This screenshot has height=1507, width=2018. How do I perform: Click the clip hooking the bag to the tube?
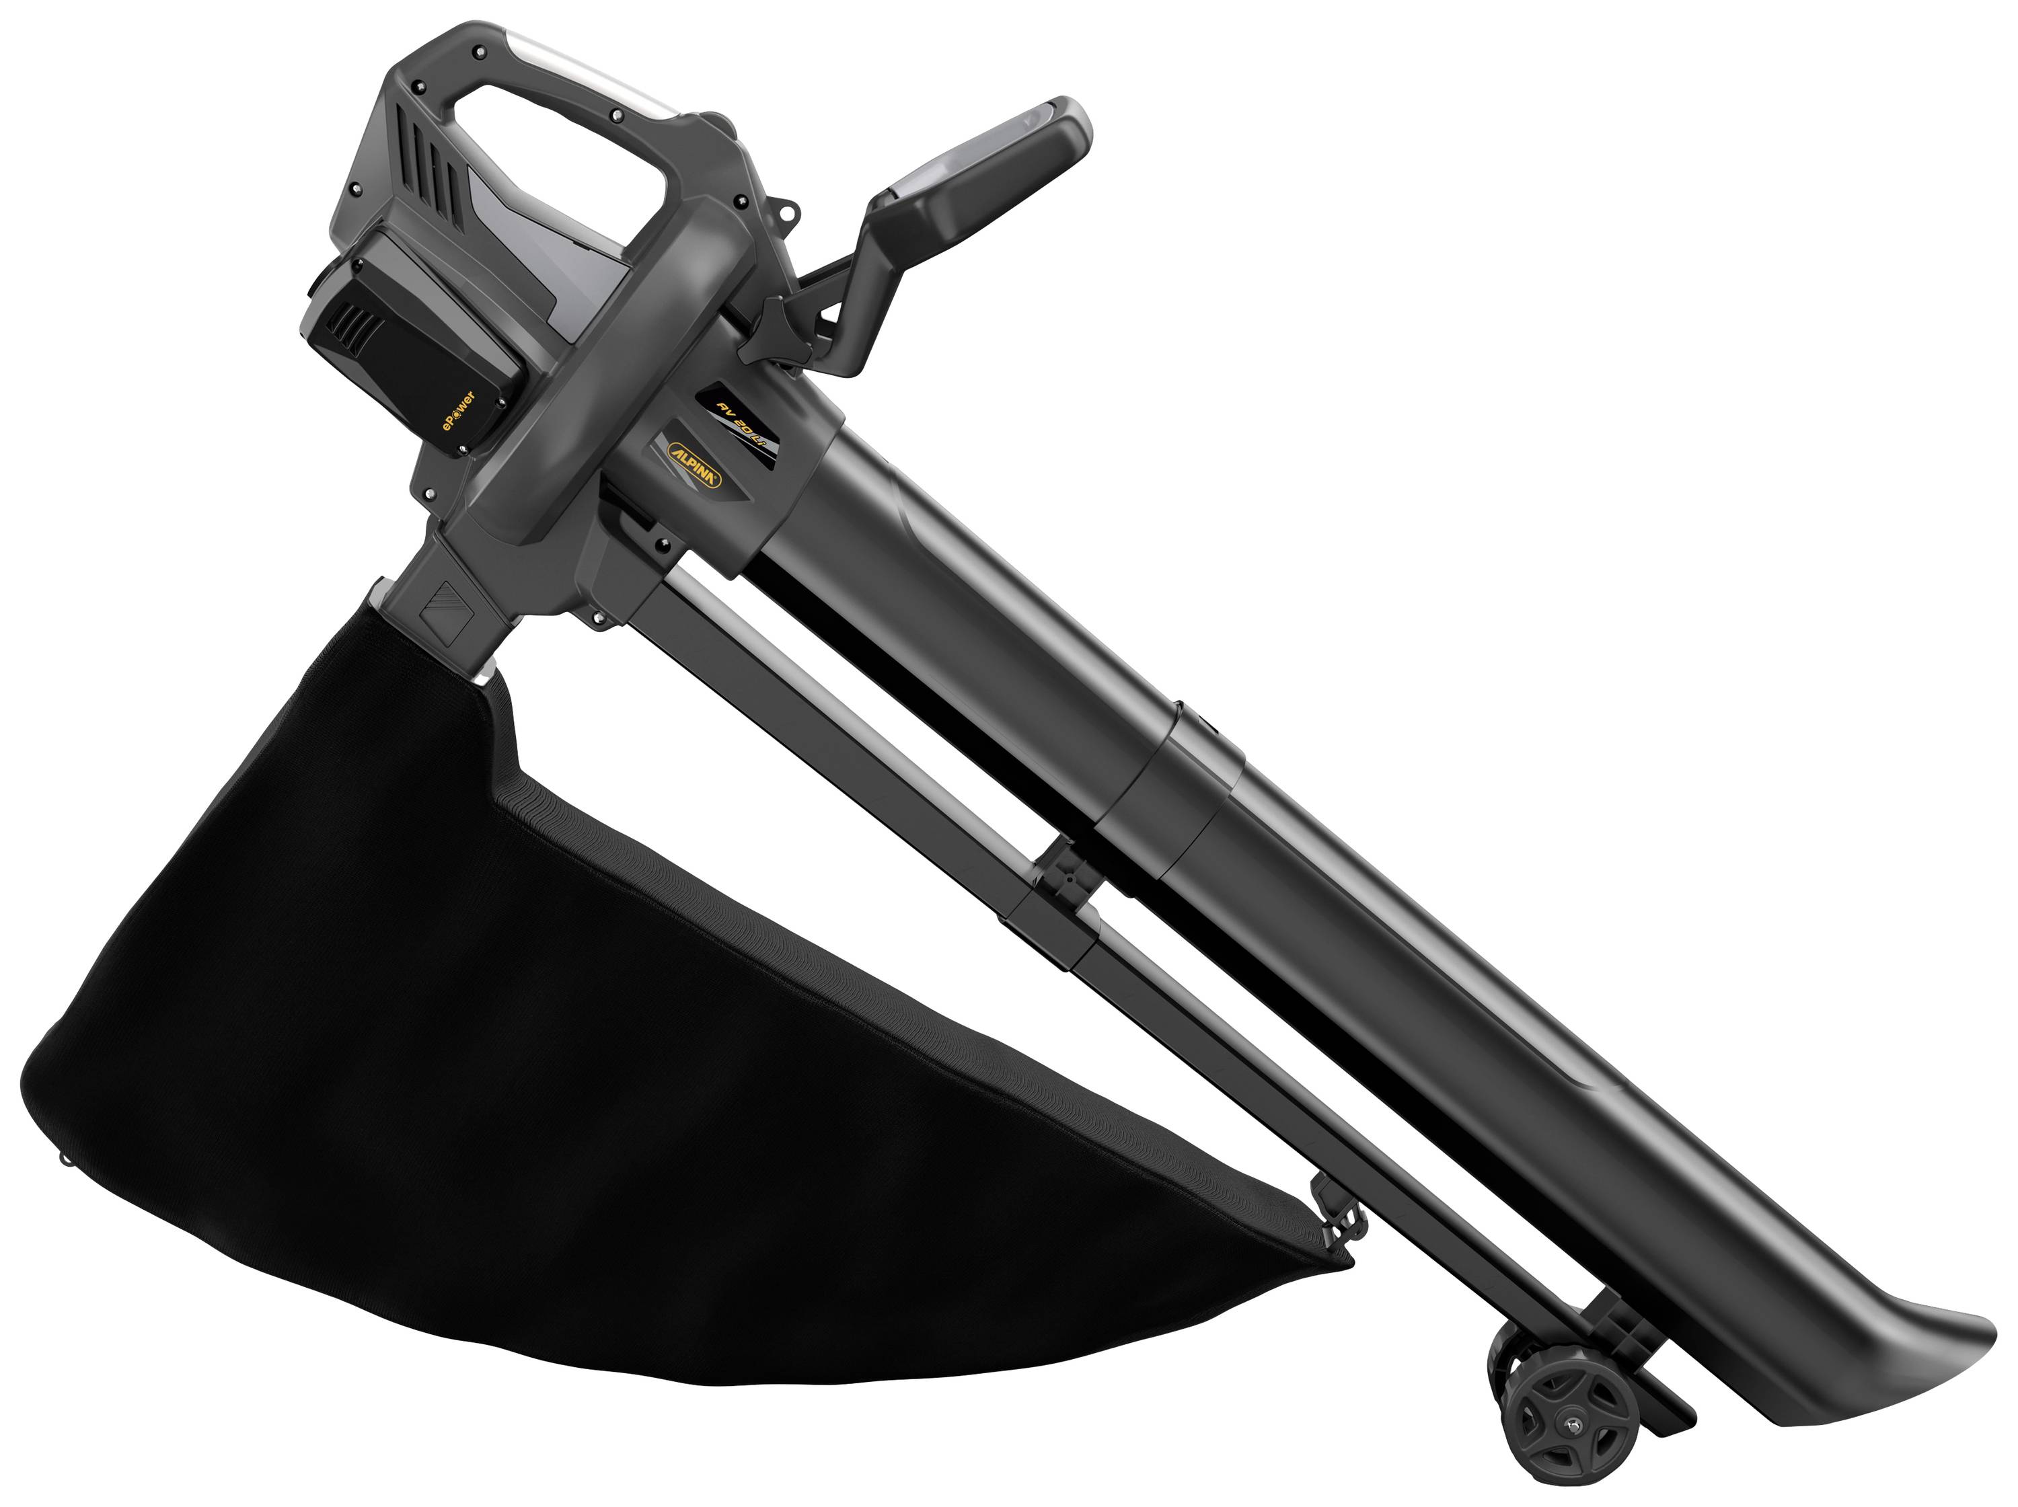click(x=1334, y=1218)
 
